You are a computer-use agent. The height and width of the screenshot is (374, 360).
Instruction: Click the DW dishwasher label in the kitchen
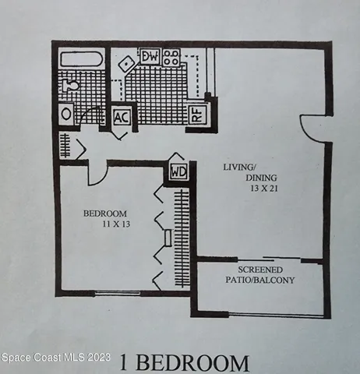(x=150, y=57)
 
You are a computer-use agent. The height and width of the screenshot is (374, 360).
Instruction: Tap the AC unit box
(x=122, y=117)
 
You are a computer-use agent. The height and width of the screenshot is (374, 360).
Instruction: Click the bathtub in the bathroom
(x=82, y=61)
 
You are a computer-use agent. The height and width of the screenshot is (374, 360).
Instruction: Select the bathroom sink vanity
(x=66, y=114)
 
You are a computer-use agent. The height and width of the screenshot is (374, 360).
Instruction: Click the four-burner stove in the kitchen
(x=171, y=57)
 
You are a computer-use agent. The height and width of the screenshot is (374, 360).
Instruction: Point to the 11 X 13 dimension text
(x=113, y=224)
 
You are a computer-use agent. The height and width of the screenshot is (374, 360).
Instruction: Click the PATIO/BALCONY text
(x=260, y=280)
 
